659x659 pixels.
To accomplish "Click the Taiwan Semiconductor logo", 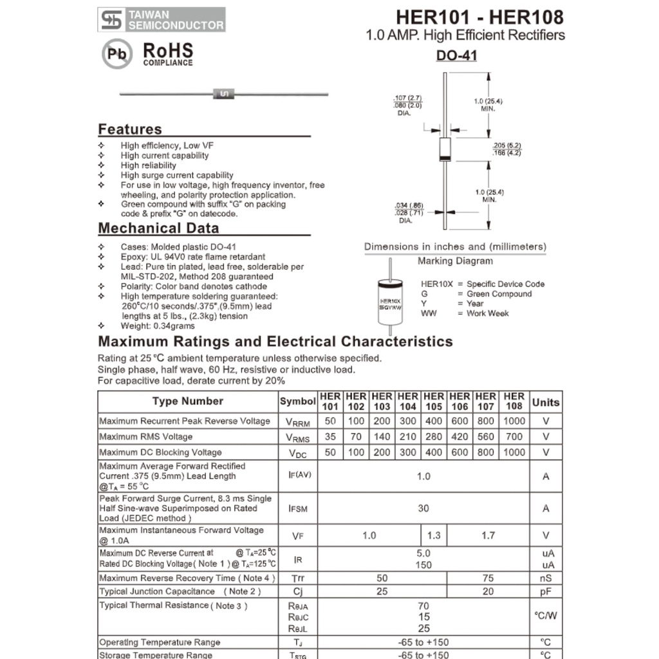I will pos(162,19).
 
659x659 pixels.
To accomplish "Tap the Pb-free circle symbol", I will pos(117,54).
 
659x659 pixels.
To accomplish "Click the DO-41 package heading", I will pos(456,56).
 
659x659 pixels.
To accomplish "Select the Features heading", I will pos(130,129).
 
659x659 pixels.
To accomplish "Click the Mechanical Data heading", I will pos(158,228).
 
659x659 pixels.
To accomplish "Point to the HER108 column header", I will pos(514,402).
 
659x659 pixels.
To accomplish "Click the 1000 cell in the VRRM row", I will pos(514,421).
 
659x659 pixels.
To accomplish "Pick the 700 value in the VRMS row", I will pos(514,437).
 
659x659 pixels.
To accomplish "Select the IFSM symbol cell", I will pos(298,508).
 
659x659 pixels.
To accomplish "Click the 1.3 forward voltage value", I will pos(434,535).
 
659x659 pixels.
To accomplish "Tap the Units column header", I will pos(546,402).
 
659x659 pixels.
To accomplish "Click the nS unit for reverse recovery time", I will pos(546,578).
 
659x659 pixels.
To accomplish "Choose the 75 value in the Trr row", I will pos(488,578).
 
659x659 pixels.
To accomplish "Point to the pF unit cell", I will pos(546,591).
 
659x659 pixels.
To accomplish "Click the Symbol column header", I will pos(298,402).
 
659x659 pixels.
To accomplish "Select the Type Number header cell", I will pos(188,402).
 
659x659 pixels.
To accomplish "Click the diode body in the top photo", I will pos(223,95).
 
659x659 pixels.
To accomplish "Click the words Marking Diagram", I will pos(455,261).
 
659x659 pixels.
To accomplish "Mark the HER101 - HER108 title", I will pos(479,17).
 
